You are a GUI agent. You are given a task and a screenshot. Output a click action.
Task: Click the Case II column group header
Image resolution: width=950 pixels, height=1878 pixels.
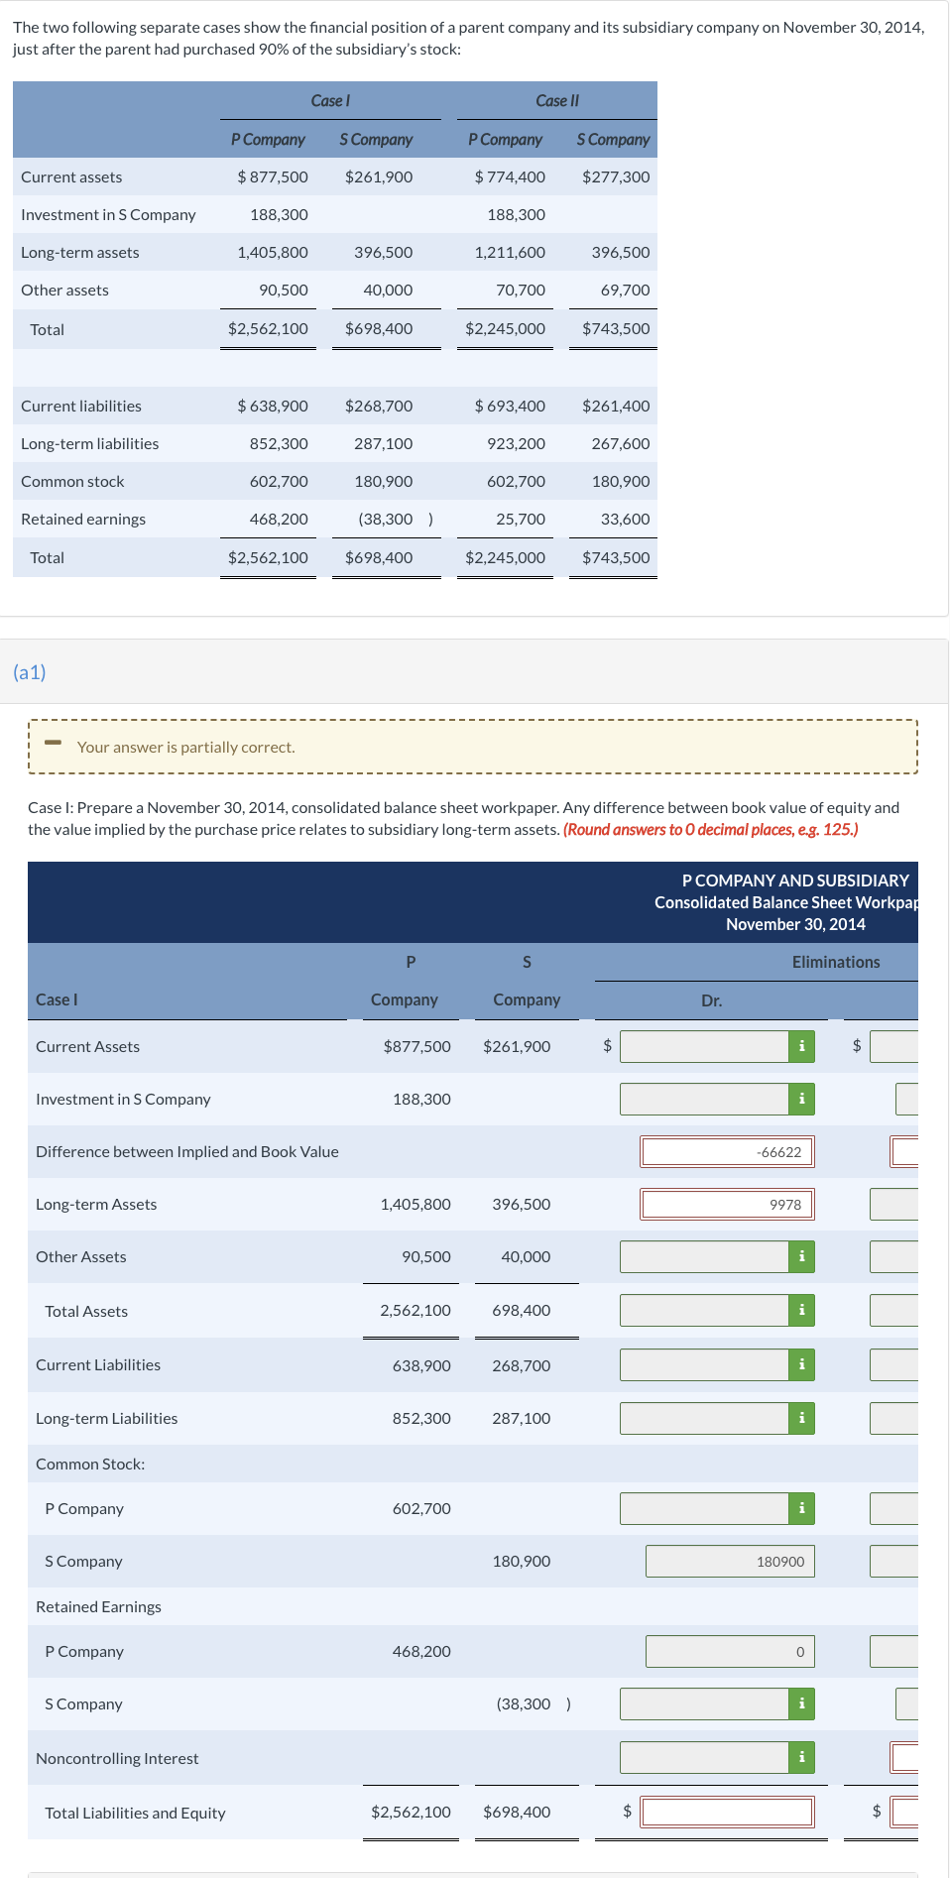click(x=556, y=100)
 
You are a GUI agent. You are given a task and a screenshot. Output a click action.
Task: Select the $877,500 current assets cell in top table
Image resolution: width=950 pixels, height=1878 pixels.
click(x=273, y=176)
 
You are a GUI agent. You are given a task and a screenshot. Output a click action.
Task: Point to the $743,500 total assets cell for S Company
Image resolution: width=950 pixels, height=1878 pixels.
click(x=616, y=328)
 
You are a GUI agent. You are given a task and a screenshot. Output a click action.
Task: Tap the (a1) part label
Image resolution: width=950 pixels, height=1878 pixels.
click(x=30, y=672)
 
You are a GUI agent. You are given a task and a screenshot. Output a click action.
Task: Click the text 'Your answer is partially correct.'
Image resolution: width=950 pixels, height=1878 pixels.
click(x=185, y=747)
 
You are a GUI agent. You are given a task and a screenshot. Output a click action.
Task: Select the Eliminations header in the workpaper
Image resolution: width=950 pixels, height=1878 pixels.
click(x=835, y=962)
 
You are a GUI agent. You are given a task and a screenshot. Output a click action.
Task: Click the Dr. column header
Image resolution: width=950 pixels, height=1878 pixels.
click(x=711, y=1000)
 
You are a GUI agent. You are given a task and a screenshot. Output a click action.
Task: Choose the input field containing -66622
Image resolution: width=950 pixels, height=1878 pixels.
click(x=727, y=1151)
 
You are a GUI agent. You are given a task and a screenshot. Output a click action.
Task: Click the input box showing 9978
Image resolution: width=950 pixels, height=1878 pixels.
click(x=727, y=1204)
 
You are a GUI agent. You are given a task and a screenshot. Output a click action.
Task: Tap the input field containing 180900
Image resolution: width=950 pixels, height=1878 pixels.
click(x=729, y=1561)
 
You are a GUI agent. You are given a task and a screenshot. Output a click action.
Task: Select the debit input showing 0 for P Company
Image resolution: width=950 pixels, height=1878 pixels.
click(x=729, y=1651)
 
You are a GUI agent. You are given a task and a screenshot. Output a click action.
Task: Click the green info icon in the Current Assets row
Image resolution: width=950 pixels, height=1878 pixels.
click(x=801, y=1046)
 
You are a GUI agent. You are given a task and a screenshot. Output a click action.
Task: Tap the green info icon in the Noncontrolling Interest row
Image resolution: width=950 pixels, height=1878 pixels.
click(x=801, y=1757)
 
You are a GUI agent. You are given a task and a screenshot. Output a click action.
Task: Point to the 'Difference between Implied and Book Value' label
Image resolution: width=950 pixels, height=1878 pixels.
click(x=187, y=1151)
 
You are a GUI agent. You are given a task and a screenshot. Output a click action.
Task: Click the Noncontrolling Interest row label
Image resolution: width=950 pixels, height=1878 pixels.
click(x=117, y=1758)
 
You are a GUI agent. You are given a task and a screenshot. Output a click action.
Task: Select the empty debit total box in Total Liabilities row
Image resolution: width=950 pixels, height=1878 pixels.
click(x=727, y=1812)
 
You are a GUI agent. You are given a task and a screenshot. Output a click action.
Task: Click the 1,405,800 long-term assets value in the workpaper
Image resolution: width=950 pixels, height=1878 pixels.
click(x=416, y=1204)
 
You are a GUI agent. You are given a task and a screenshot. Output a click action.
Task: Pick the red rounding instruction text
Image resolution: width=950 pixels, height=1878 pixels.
click(x=710, y=829)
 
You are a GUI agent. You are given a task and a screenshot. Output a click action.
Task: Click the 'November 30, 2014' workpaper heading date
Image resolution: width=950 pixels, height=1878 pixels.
click(x=795, y=924)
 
